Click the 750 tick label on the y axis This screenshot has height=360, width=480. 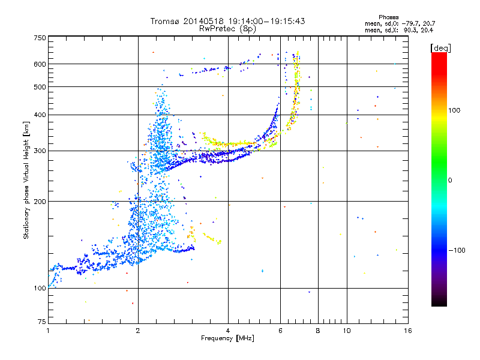(x=40, y=38)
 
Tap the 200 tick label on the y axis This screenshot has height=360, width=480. (x=40, y=202)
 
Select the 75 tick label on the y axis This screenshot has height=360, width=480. (x=41, y=322)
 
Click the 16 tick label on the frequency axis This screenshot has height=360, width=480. (x=408, y=331)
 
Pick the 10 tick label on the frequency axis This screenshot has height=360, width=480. (x=347, y=331)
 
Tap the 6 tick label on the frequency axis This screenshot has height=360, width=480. (x=280, y=331)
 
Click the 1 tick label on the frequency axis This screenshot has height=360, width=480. (x=48, y=331)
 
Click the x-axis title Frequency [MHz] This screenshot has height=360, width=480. (x=227, y=338)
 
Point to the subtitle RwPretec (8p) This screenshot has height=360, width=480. (x=227, y=29)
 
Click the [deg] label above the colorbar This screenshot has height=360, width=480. (x=440, y=48)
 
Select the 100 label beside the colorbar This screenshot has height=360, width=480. (x=454, y=110)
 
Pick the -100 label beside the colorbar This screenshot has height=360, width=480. (x=457, y=250)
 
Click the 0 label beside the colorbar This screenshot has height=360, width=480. (x=450, y=181)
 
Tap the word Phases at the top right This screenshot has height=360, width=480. (x=388, y=17)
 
